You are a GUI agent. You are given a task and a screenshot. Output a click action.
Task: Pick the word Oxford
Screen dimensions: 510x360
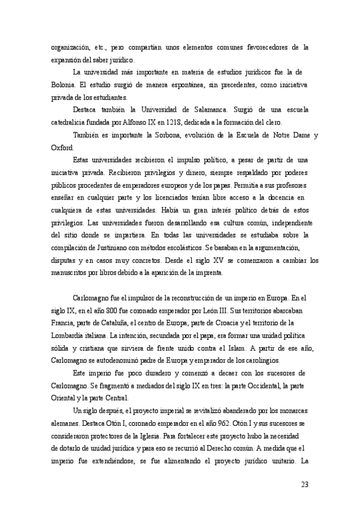62,148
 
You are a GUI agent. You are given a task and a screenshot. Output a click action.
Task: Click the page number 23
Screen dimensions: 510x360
304,484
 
